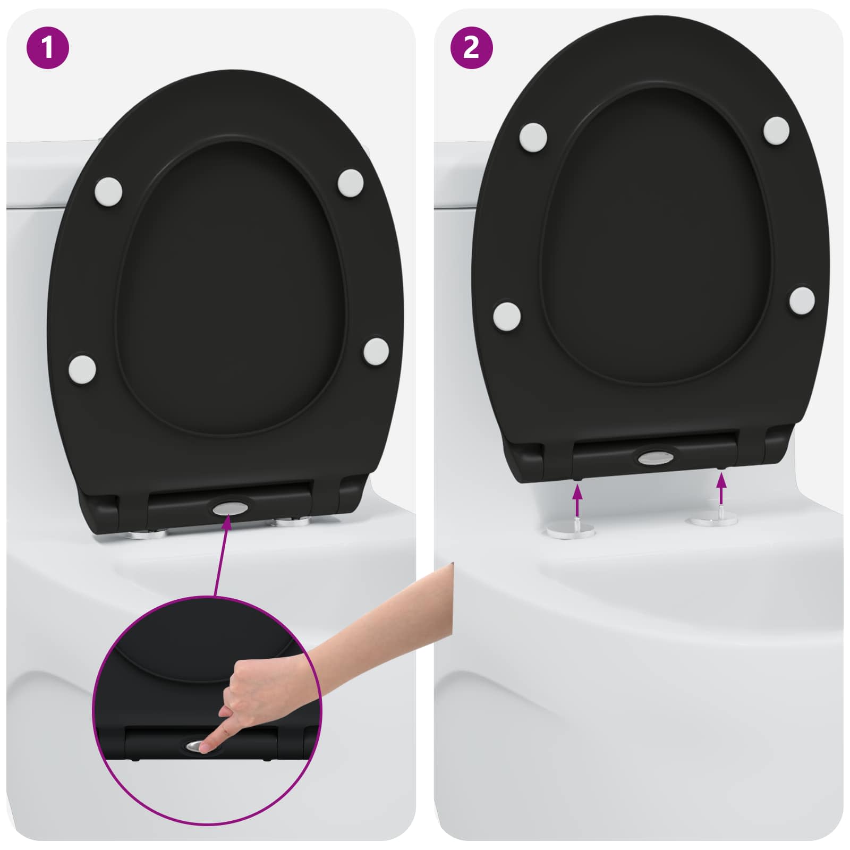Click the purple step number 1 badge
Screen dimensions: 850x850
47,48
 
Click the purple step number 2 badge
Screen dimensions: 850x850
471,48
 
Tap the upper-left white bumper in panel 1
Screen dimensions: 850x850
109,190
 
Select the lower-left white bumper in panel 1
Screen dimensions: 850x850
82,368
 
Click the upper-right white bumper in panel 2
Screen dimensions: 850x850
777,130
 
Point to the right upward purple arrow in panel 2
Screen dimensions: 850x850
721,489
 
